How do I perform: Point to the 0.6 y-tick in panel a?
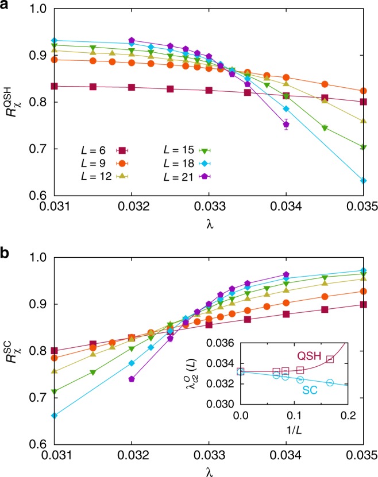click(x=38, y=196)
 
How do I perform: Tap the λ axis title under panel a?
click(x=209, y=223)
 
